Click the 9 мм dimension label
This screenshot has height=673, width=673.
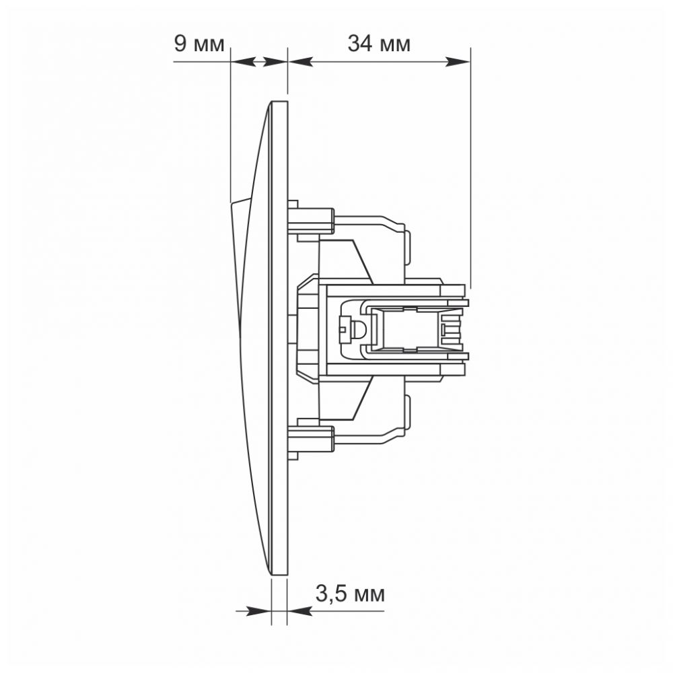(x=199, y=44)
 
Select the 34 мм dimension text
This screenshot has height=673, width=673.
(x=379, y=44)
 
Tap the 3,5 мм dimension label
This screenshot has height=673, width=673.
(x=350, y=594)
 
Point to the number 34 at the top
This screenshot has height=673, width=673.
(x=359, y=44)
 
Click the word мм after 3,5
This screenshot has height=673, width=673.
(x=369, y=596)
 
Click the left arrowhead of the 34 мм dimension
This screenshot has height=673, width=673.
(x=300, y=62)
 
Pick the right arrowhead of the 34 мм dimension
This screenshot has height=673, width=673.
(x=458, y=62)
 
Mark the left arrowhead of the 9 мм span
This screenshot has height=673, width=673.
(x=243, y=62)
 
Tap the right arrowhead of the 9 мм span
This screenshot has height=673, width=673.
(x=275, y=62)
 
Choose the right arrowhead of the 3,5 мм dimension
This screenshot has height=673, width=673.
(x=299, y=611)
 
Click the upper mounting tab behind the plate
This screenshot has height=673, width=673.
(x=311, y=221)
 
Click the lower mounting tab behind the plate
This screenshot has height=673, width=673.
(x=311, y=438)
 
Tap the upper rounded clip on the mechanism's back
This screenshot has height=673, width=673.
(x=407, y=247)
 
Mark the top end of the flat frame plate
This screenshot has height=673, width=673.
(x=280, y=102)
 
